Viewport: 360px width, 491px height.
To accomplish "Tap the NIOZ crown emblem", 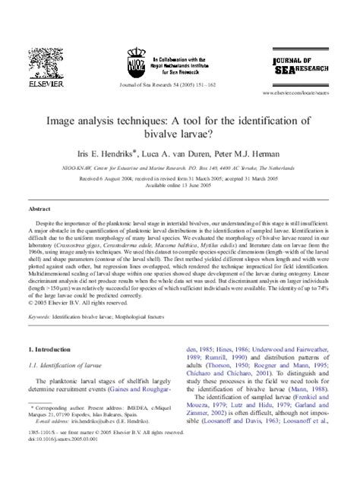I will click(136, 60).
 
